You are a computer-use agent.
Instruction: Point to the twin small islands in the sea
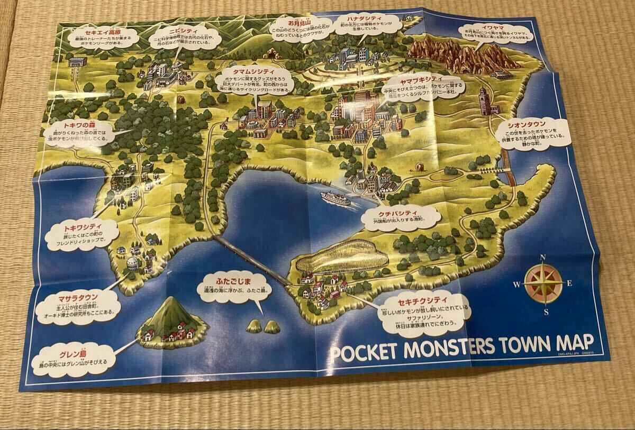pos(262,326)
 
